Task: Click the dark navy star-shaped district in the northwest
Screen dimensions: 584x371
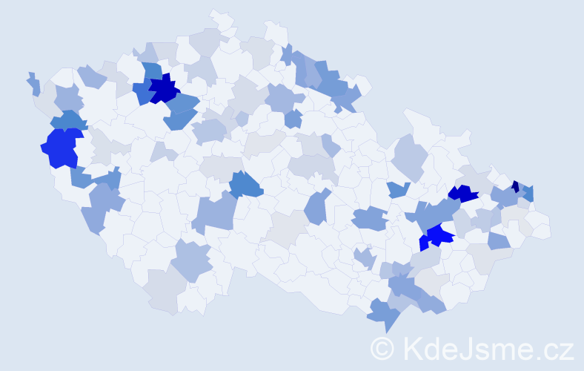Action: click(x=164, y=91)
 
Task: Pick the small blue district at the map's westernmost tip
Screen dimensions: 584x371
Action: click(x=34, y=84)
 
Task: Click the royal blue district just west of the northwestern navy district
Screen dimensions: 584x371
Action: click(x=142, y=93)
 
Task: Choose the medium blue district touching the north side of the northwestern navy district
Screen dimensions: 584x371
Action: click(x=152, y=72)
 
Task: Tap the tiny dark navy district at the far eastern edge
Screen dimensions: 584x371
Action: click(x=515, y=187)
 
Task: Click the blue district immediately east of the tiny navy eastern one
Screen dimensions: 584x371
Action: click(x=528, y=194)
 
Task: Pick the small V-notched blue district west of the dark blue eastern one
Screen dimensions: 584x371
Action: click(x=399, y=189)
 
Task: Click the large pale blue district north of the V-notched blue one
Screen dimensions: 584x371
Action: click(x=408, y=156)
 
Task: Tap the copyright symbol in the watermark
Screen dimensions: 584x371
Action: click(x=382, y=349)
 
